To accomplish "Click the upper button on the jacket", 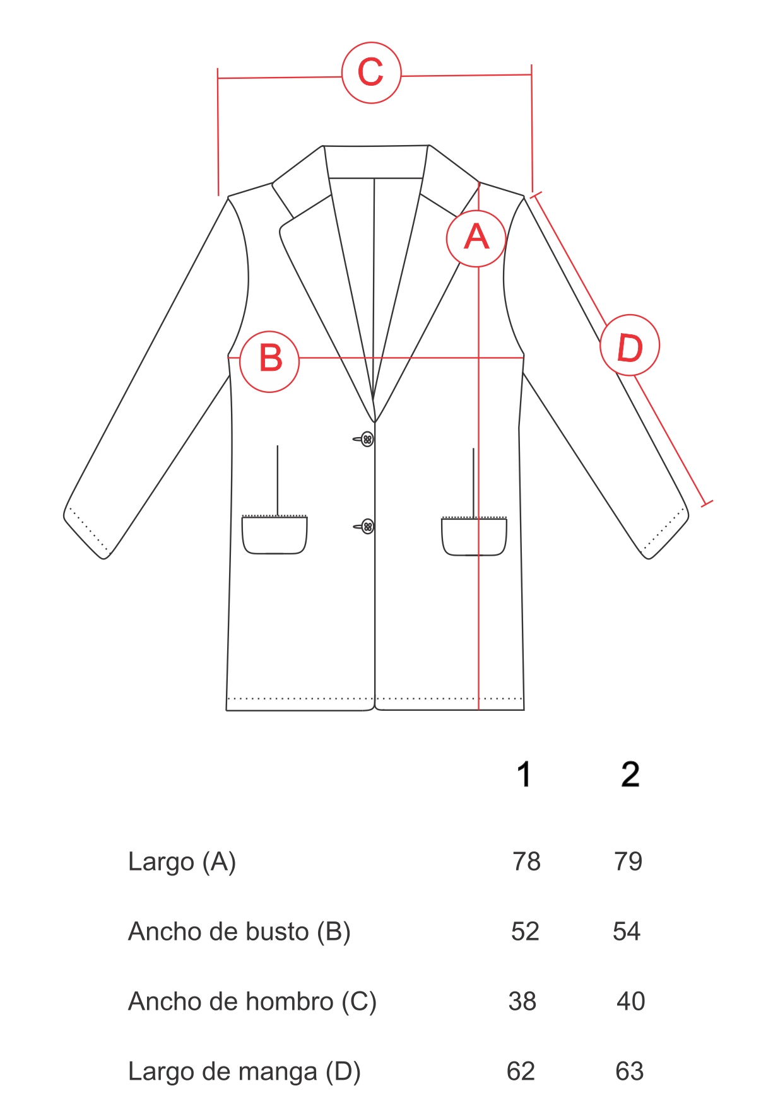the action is point(367,439).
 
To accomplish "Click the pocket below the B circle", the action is point(274,535).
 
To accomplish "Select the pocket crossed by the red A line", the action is point(474,537).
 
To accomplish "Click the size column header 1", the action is point(524,775).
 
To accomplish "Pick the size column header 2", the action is point(630,775).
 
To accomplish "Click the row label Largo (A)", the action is point(182,862).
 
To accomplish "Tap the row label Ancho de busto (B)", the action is point(239,932).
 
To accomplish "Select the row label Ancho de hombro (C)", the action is point(252,1002).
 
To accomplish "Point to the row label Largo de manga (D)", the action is point(244,1072).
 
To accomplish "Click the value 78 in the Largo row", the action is point(526,862).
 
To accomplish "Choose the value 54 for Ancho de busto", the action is point(627,932).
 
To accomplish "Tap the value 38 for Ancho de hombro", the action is point(522,1002).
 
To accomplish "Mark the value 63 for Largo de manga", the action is point(630,1072).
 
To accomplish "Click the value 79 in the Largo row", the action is point(628,862).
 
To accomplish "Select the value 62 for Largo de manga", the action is point(521,1072).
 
